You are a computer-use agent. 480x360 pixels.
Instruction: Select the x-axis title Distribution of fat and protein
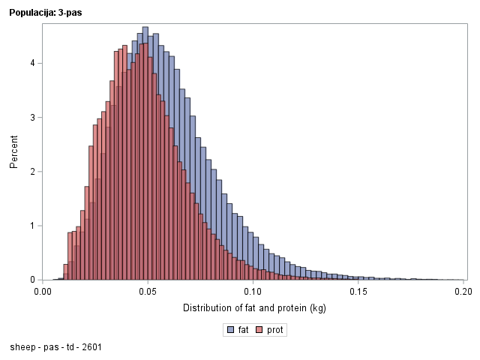[254, 308]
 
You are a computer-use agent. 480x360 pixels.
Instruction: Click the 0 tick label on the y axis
[32, 280]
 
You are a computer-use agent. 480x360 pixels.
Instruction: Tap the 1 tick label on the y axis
[32, 226]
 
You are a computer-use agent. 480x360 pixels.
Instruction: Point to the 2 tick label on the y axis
[32, 172]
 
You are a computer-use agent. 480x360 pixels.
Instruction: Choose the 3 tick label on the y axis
[32, 118]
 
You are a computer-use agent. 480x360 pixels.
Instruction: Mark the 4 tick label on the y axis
[32, 63]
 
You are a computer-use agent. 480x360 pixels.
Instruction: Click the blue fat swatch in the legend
[230, 330]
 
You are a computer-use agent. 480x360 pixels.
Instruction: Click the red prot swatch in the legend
[260, 330]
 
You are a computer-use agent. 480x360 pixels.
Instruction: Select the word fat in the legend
[244, 330]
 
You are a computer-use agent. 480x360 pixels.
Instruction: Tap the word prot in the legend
[276, 330]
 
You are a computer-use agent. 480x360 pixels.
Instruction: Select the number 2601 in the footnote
[92, 347]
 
